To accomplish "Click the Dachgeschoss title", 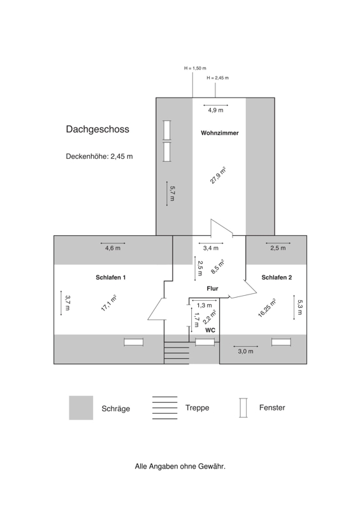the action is (x=97, y=129).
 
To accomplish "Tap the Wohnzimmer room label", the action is (x=220, y=133).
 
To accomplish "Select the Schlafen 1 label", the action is (x=111, y=277).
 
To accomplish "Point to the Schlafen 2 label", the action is (x=277, y=277).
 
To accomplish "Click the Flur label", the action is (x=212, y=289).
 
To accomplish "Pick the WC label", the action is (x=210, y=330).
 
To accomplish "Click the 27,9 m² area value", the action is (x=218, y=175).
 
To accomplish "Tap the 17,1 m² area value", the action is (x=108, y=303).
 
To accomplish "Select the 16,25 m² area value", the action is (x=267, y=308).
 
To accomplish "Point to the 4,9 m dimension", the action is (x=216, y=110).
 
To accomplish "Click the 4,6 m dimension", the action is (x=113, y=248).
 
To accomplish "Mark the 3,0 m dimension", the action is (x=245, y=351).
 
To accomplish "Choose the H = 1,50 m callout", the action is (x=195, y=68).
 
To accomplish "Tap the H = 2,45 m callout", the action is (x=218, y=78).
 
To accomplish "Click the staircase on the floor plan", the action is (x=176, y=353).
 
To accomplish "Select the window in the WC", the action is (x=205, y=342).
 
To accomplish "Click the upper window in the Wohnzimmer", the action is (x=167, y=130).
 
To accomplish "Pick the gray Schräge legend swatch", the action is (x=81, y=408).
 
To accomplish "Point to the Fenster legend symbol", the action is (x=243, y=407).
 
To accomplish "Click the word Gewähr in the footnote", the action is (x=213, y=467).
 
